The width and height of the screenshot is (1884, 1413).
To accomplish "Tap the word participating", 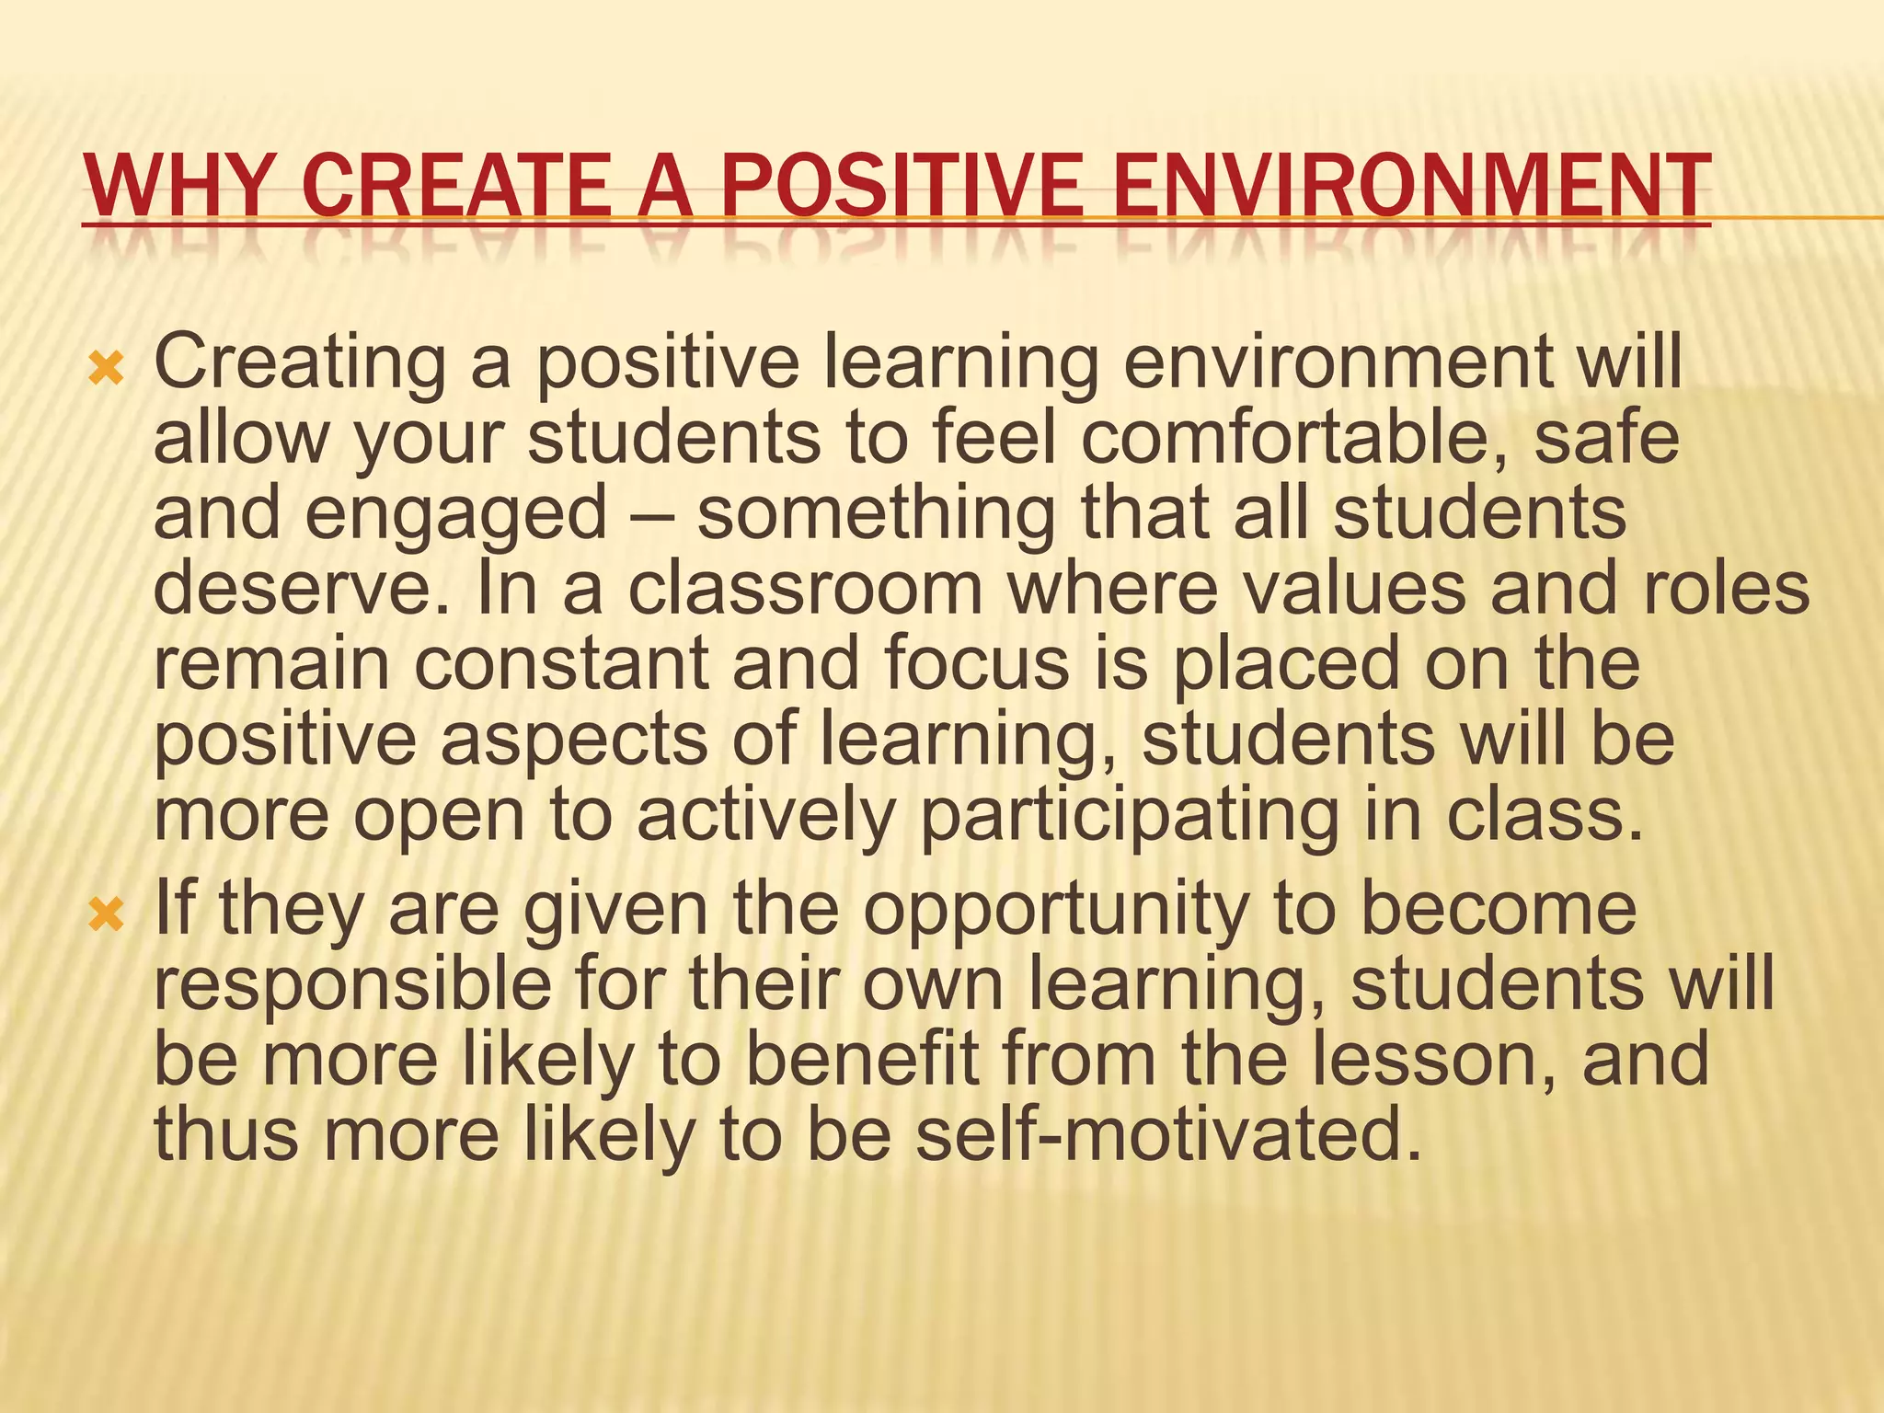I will click(1129, 817).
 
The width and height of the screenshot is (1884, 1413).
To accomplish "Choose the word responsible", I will click(352, 984).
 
